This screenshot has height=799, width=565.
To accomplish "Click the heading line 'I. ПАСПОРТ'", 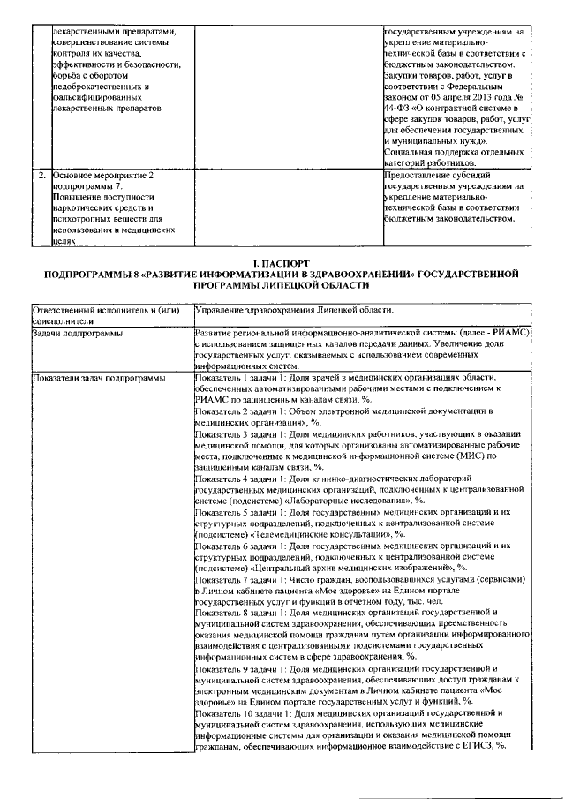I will point(282,263).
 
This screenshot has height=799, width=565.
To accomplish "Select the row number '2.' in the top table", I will point(41,175).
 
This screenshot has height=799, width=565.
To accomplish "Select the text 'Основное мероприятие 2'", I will point(103,175).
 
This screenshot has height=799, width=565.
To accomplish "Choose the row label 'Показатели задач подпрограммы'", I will point(98,378).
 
